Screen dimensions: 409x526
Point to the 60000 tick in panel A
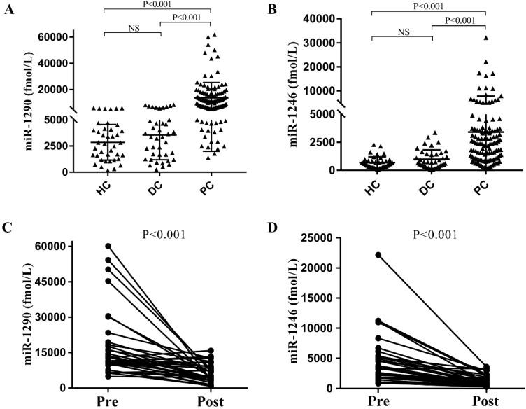click(x=58, y=36)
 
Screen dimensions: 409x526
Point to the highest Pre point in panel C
click(x=108, y=246)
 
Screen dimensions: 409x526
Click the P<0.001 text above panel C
click(x=161, y=235)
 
